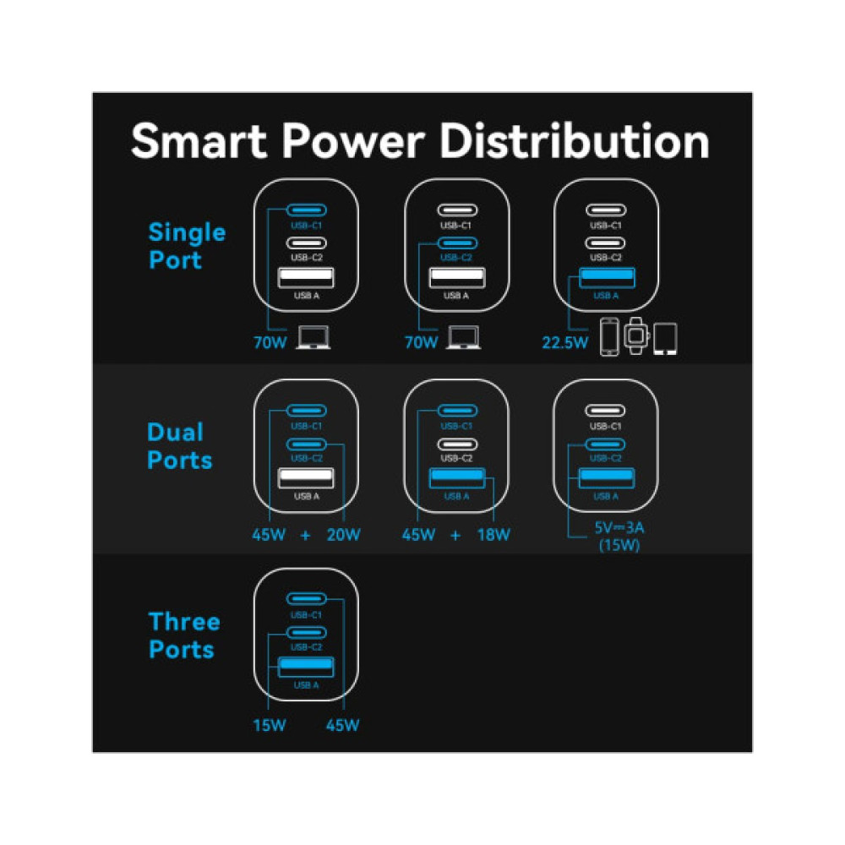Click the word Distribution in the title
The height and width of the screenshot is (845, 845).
point(575,140)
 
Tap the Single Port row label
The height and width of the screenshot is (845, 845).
point(187,246)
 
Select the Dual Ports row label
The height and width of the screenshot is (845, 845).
point(179,446)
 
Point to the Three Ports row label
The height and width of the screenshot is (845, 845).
point(184,635)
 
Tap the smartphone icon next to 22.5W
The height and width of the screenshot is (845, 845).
point(609,338)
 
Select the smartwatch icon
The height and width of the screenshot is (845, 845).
point(635,337)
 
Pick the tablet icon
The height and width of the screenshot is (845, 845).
point(665,338)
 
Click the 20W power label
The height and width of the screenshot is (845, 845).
point(343,535)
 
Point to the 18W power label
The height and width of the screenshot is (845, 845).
point(493,535)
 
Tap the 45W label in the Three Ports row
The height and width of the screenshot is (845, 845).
point(343,725)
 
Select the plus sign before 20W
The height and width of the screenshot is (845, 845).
point(305,535)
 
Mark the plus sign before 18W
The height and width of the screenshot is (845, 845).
point(455,535)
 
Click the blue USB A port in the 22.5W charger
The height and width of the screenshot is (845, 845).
point(605,278)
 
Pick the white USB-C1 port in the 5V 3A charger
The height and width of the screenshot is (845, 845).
point(605,411)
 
